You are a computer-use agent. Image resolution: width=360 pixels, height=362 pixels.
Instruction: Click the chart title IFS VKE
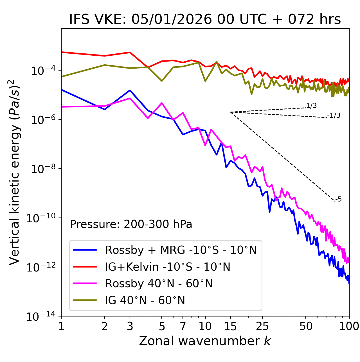pyautogui.click(x=205, y=20)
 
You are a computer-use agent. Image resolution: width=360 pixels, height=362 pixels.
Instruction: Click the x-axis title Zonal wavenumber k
pyautogui.click(x=205, y=341)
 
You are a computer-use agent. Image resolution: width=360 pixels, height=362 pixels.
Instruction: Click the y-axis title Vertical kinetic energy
pyautogui.click(x=15, y=172)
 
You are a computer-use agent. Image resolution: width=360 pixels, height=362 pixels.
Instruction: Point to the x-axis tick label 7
pyautogui.click(x=183, y=326)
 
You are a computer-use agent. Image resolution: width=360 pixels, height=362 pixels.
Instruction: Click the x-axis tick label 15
pyautogui.click(x=230, y=326)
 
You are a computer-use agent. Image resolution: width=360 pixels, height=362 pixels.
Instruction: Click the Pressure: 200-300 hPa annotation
pyautogui.click(x=131, y=224)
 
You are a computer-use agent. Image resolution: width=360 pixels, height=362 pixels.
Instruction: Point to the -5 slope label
pyautogui.click(x=339, y=200)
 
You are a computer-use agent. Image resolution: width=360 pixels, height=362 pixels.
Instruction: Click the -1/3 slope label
pyautogui.click(x=334, y=116)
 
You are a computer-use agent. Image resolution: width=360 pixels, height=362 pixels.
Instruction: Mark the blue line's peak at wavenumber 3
pyautogui.click(x=130, y=90)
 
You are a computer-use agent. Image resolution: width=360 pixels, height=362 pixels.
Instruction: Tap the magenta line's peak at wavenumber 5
pyautogui.click(x=162, y=103)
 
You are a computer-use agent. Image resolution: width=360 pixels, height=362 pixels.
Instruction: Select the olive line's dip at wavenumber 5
pyautogui.click(x=162, y=81)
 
